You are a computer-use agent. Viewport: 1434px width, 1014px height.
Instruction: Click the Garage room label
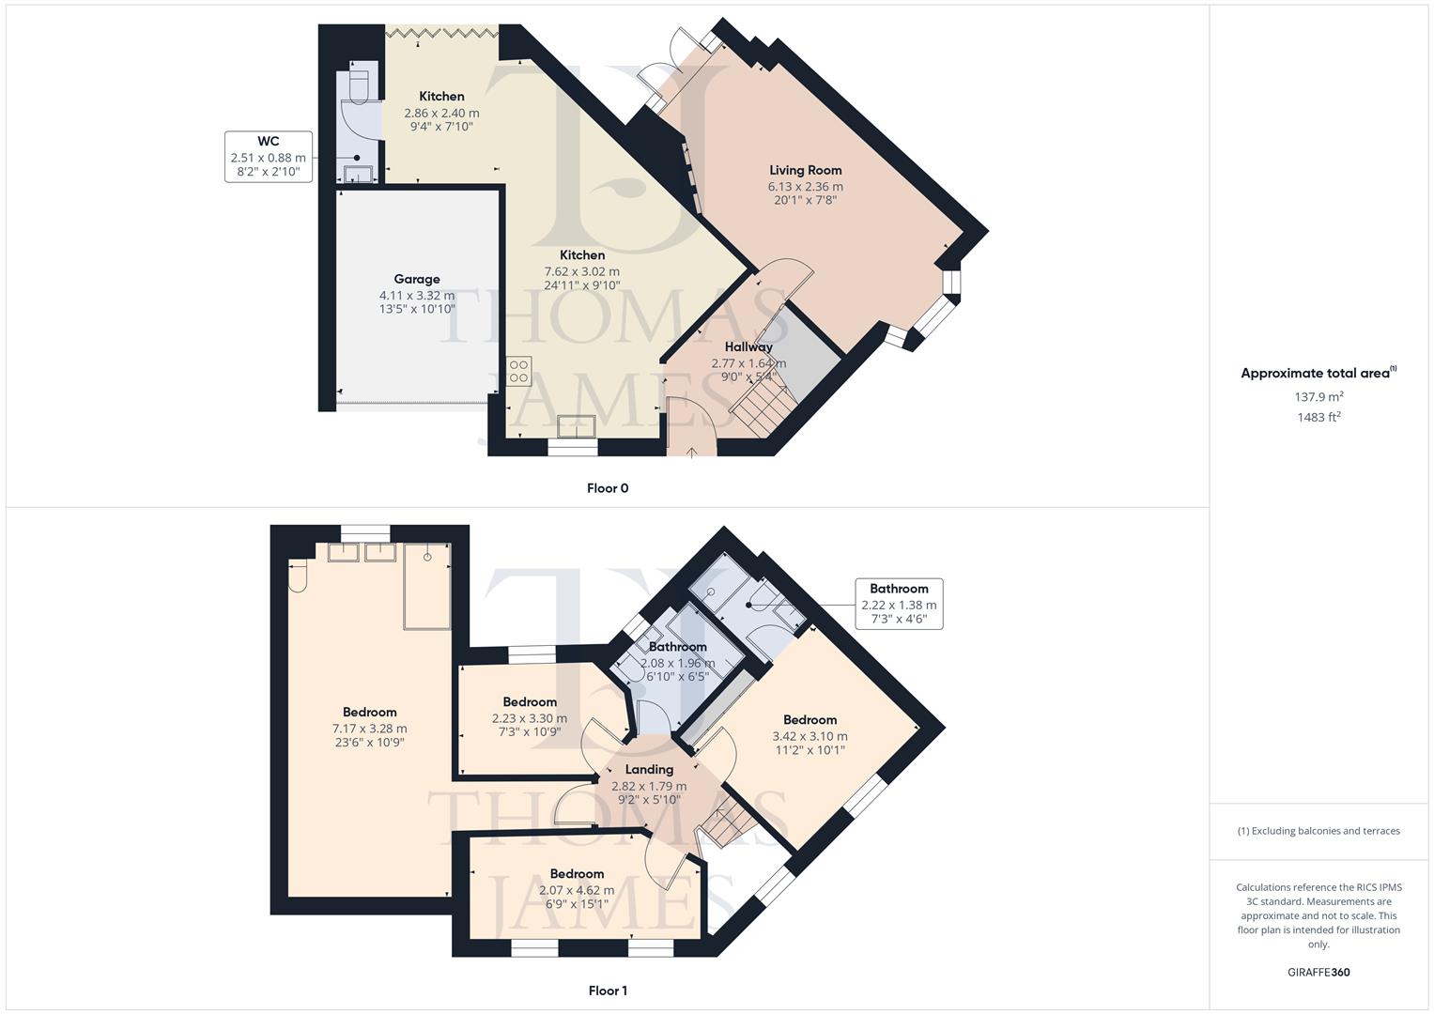(x=417, y=279)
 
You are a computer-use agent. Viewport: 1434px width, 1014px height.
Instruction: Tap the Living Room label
(x=805, y=170)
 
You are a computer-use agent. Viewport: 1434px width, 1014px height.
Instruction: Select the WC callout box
(x=269, y=157)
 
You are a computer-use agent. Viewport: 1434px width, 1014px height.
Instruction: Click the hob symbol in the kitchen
(x=519, y=371)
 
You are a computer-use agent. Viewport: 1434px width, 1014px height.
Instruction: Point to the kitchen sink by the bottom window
(x=576, y=426)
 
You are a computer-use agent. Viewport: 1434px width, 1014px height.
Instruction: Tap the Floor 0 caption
(x=608, y=488)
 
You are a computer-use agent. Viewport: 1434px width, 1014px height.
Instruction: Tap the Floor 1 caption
(x=608, y=991)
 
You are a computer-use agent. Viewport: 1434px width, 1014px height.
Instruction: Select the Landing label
(x=649, y=769)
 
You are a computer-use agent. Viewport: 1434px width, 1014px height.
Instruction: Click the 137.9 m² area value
(x=1318, y=397)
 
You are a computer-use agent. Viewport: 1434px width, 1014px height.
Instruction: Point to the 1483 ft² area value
(x=1318, y=417)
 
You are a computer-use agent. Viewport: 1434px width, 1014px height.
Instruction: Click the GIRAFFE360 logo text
(x=1318, y=972)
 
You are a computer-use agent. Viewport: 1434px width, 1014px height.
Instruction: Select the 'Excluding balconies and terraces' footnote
(x=1318, y=831)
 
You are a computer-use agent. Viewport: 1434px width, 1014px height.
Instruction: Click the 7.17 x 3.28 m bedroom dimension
(x=369, y=728)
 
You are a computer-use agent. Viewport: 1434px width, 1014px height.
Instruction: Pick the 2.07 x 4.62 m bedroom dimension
(x=577, y=890)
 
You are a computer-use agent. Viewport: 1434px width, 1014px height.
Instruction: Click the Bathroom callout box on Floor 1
(x=899, y=604)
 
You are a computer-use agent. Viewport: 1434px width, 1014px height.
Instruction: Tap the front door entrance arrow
(x=692, y=453)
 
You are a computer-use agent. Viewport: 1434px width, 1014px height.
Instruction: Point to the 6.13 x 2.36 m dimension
(x=805, y=187)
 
